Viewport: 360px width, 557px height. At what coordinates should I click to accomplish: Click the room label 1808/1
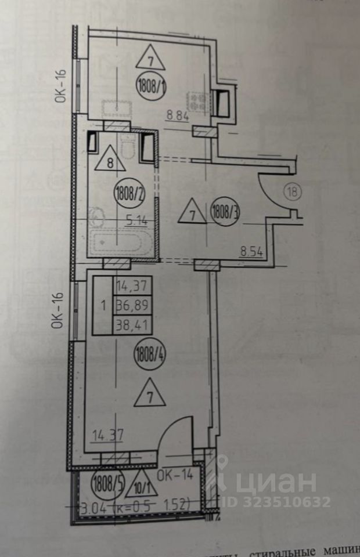point(153,87)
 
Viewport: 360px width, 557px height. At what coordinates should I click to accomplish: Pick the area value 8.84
point(178,115)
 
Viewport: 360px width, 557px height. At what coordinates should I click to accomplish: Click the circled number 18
point(292,192)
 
